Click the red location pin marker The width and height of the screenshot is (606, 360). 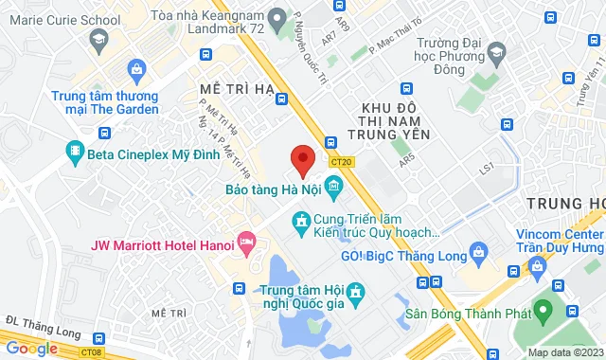pos(302,160)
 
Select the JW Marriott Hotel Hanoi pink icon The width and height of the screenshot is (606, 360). pos(248,244)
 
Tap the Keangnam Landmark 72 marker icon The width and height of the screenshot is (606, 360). pos(277,17)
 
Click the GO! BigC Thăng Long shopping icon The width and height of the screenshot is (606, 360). pos(479,253)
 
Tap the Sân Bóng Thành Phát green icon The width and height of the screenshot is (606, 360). pos(543,310)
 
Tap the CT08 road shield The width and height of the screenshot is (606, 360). pos(91,351)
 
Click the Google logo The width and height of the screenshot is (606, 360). pos(32,349)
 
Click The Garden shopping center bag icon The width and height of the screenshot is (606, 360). pos(136,68)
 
